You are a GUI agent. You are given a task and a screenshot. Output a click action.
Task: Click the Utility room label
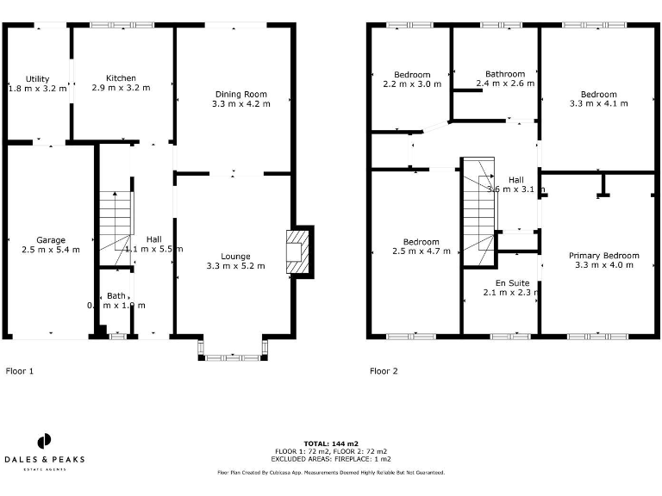[37, 79]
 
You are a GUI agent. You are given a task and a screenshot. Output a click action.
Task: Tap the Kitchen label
[121, 78]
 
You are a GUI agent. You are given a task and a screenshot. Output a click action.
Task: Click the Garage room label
[51, 240]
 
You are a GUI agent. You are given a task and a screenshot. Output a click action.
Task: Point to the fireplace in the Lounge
[297, 251]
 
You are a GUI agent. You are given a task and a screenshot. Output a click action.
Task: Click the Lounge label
[235, 257]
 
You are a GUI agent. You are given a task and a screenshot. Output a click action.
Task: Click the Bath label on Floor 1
[116, 295]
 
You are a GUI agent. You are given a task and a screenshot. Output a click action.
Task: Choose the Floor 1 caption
[20, 371]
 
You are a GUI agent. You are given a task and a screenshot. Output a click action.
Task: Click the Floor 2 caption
[384, 371]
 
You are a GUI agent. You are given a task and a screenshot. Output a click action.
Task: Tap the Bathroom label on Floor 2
[505, 74]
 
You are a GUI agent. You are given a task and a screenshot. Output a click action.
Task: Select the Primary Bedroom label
[603, 256]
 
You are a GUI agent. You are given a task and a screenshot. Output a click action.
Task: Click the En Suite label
[512, 282]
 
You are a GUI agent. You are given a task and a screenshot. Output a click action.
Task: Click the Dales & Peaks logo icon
[42, 441]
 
